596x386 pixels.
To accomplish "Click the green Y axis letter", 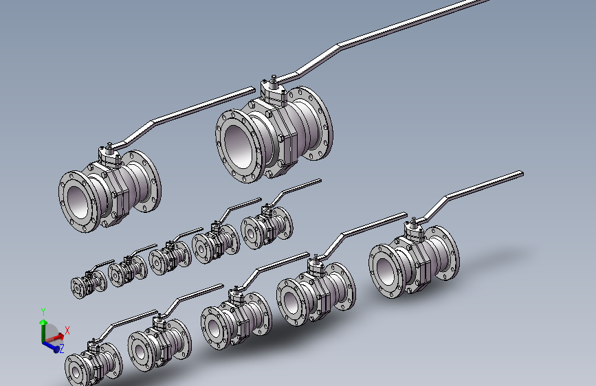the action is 43,312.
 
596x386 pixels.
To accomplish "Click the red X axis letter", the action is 67,330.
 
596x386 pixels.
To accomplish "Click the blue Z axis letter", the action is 62,348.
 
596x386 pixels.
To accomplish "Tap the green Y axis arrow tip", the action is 43,321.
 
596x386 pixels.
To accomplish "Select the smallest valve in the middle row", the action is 89,280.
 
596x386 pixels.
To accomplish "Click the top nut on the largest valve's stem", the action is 274,78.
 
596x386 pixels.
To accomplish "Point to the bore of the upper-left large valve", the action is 78,202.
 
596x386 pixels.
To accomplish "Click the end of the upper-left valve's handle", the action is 254,89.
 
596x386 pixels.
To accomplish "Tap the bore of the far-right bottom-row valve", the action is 386,271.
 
